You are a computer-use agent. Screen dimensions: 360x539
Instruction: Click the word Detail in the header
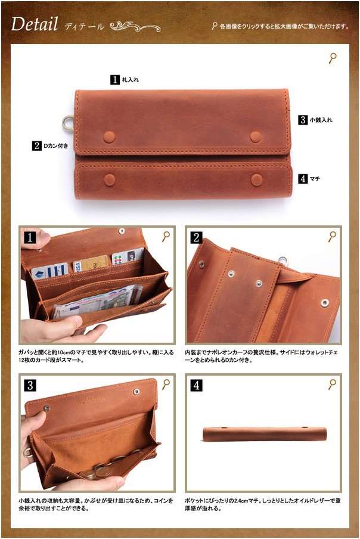pos(35,24)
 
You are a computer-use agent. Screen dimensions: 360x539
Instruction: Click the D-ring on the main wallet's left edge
pos(66,123)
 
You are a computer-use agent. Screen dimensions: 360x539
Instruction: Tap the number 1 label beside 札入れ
pos(114,80)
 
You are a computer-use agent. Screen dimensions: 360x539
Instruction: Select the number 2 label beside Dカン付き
pos(37,145)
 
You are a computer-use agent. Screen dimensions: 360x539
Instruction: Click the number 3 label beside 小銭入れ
pos(303,120)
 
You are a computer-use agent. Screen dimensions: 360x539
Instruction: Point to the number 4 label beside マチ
pos(303,179)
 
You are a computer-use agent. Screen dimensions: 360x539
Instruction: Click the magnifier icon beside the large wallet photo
pos(333,58)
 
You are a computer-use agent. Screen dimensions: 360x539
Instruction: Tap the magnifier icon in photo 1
pos(166,236)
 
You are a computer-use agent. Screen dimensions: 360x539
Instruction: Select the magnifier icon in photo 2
pos(332,236)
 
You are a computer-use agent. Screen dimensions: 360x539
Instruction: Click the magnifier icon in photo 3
pos(166,384)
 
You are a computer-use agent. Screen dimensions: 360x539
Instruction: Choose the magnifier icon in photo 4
pos(332,384)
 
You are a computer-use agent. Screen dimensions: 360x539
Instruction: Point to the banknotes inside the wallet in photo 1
pos(98,300)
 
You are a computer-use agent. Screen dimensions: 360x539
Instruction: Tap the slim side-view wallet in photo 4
pos(264,434)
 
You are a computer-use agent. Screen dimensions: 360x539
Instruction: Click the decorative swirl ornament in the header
pos(135,26)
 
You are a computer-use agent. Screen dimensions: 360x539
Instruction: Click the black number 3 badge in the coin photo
pos(30,385)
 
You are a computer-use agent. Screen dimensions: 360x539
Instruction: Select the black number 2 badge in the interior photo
pos(196,237)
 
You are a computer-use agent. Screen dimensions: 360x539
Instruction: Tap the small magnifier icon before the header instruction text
pos(215,26)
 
